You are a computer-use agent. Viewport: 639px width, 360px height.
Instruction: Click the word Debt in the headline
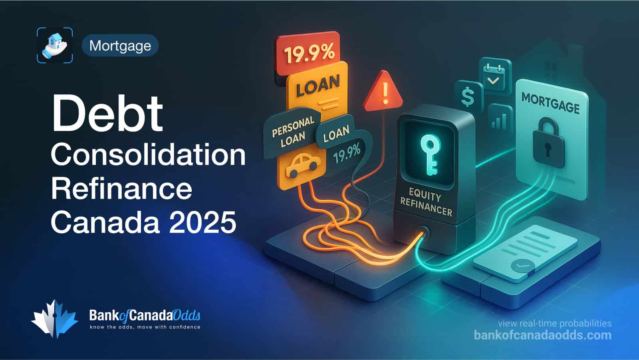point(107,114)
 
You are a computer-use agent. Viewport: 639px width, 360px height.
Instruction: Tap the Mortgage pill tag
point(120,46)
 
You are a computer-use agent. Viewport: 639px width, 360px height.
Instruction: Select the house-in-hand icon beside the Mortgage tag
point(55,45)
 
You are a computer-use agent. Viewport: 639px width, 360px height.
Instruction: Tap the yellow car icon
point(303,165)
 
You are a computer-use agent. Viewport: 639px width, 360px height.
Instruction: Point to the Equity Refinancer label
point(426,202)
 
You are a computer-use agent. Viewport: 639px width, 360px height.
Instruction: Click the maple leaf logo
point(54,319)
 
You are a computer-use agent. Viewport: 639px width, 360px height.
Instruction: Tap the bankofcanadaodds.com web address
point(543,335)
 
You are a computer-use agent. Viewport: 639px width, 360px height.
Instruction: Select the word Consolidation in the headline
point(148,155)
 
